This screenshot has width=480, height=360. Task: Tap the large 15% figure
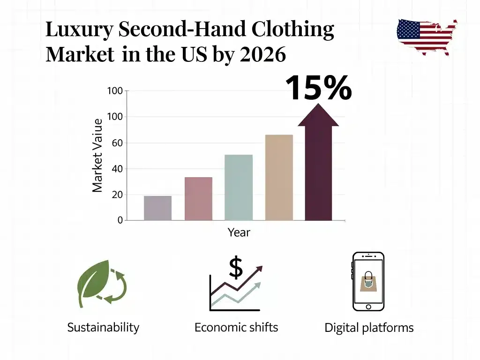pyautogui.click(x=319, y=88)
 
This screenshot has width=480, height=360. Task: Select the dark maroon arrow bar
pyautogui.click(x=318, y=162)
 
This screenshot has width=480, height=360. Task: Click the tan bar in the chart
pyautogui.click(x=279, y=178)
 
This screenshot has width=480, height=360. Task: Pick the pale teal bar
pyautogui.click(x=239, y=187)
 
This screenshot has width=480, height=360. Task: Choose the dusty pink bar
pyautogui.click(x=198, y=199)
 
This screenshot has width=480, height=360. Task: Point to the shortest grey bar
pyautogui.click(x=157, y=208)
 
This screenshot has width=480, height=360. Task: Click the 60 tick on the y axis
pyautogui.click(x=117, y=143)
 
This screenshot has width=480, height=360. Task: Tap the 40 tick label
pyautogui.click(x=117, y=169)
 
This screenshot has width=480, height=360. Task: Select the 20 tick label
pyautogui.click(x=117, y=195)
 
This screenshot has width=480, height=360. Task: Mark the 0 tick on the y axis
pyautogui.click(x=120, y=220)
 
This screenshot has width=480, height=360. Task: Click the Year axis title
pyautogui.click(x=239, y=232)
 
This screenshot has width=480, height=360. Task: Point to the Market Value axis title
pyautogui.click(x=97, y=156)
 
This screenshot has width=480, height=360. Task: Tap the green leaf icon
pyautogui.click(x=93, y=283)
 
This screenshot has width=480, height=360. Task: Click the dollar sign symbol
pyautogui.click(x=236, y=267)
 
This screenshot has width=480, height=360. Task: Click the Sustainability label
pyautogui.click(x=103, y=328)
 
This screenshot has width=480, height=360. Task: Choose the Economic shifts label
pyautogui.click(x=236, y=327)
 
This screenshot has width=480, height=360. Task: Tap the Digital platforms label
pyautogui.click(x=369, y=328)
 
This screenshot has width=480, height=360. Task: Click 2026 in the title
pyautogui.click(x=262, y=54)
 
